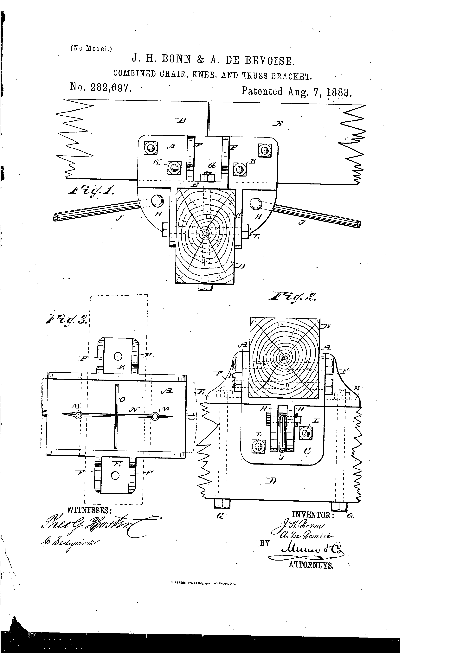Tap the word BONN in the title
click(x=176, y=59)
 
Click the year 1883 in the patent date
click(x=339, y=92)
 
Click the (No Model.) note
click(x=91, y=48)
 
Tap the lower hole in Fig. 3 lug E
click(x=115, y=476)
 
